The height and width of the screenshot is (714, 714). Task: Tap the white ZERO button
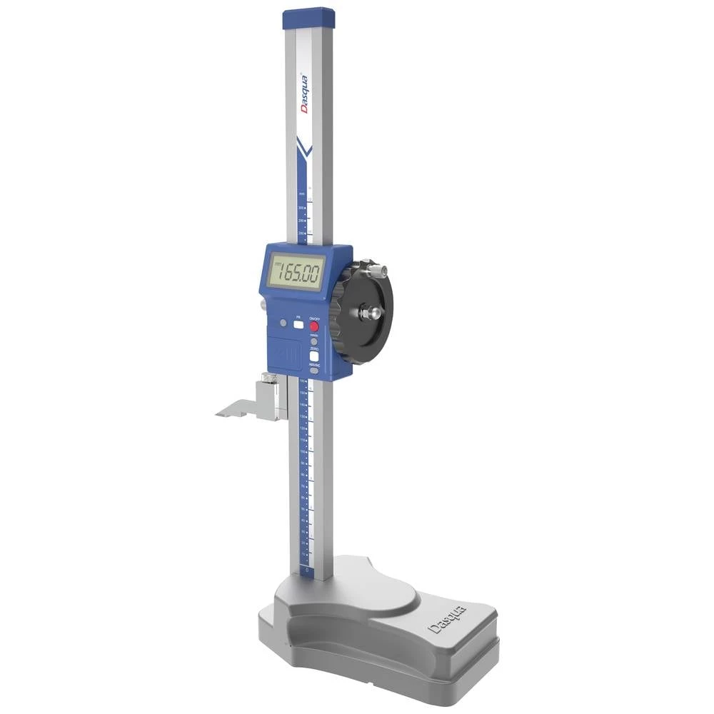pyautogui.click(x=313, y=357)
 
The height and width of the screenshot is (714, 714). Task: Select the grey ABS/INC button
pyautogui.click(x=313, y=371)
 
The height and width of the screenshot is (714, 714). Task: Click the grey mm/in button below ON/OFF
pyautogui.click(x=314, y=341)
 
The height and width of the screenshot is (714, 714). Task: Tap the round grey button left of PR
pyautogui.click(x=284, y=323)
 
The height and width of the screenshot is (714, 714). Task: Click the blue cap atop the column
pyautogui.click(x=308, y=18)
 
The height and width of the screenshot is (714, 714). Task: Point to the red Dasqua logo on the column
pyautogui.click(x=303, y=90)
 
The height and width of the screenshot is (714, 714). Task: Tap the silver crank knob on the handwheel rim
pyautogui.click(x=376, y=271)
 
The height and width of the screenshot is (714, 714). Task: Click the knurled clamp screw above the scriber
pyautogui.click(x=266, y=378)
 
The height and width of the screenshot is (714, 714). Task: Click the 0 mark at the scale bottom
pyautogui.click(x=306, y=570)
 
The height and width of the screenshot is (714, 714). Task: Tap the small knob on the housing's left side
pyautogui.click(x=263, y=305)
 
